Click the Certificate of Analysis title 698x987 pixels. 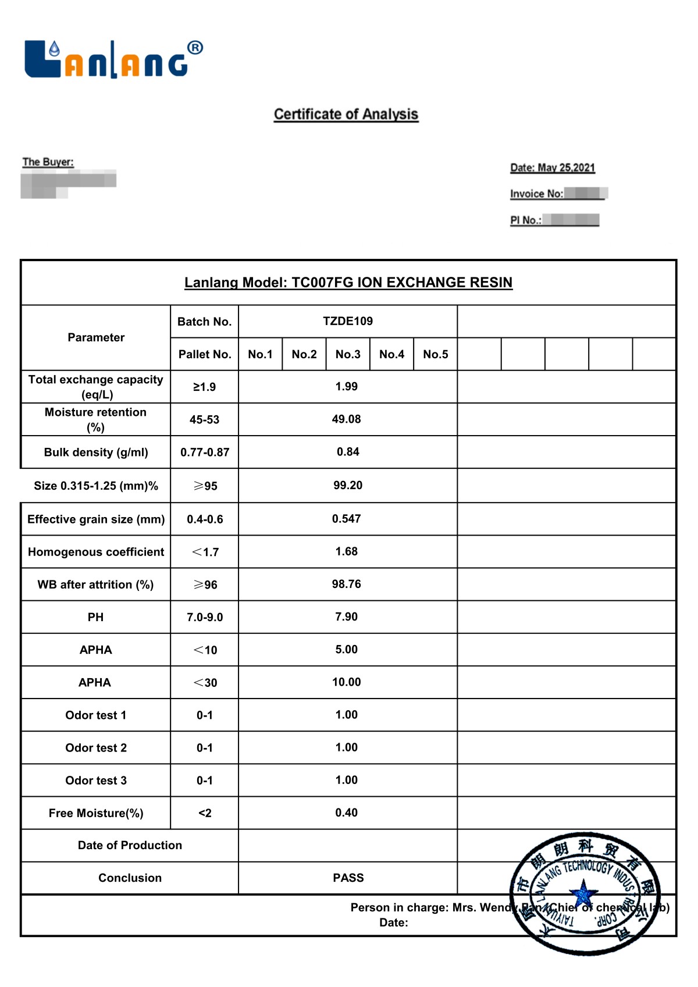coord(346,114)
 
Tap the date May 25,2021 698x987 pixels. coord(553,168)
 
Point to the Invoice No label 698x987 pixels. coord(536,194)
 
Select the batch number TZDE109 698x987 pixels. coord(348,321)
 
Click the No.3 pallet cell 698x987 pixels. coord(348,354)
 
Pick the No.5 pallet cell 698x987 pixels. coord(436,354)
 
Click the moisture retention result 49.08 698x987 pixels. coord(347,419)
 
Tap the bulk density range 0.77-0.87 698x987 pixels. coord(205,452)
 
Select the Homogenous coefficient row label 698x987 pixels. coord(96,552)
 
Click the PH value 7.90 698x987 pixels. coord(347,617)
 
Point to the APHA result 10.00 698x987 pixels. coord(347,682)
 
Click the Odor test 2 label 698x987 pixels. coord(96,748)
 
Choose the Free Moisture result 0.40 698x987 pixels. coord(347,813)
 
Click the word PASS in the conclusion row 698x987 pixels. coord(348,878)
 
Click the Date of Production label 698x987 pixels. coord(130,845)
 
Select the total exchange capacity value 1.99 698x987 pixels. coord(347,387)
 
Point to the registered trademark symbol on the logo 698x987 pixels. coord(195,48)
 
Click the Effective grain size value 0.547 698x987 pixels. coord(347,519)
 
